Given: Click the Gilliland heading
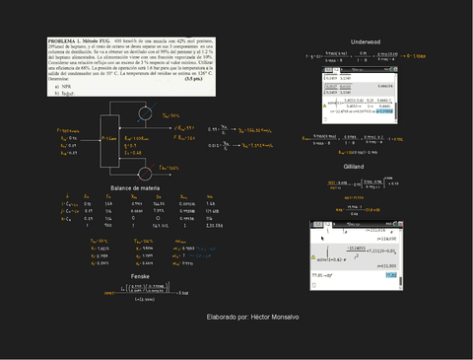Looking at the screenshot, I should (x=355, y=169).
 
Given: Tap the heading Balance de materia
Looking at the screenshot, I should (x=135, y=186).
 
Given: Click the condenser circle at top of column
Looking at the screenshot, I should (x=146, y=114).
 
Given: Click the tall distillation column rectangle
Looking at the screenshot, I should (x=107, y=140).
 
